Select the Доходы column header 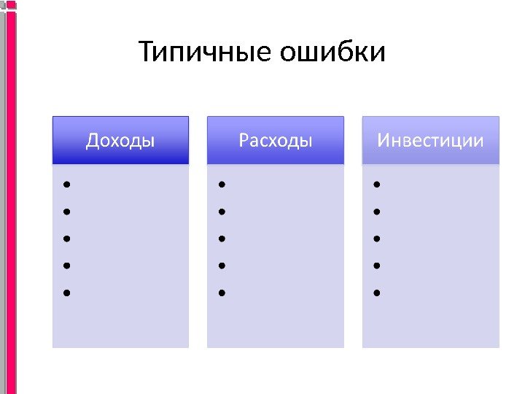pyautogui.click(x=120, y=140)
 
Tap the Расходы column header pyautogui.click(x=276, y=140)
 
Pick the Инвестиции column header pyautogui.click(x=430, y=140)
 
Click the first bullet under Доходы pyautogui.click(x=66, y=185)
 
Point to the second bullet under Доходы pyautogui.click(x=66, y=212)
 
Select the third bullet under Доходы pyautogui.click(x=66, y=239)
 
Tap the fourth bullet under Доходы pyautogui.click(x=66, y=266)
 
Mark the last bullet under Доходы pyautogui.click(x=66, y=293)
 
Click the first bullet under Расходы pyautogui.click(x=222, y=185)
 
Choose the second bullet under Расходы pyautogui.click(x=222, y=212)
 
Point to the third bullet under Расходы pyautogui.click(x=222, y=239)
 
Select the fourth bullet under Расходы pyautogui.click(x=222, y=266)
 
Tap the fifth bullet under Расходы pyautogui.click(x=222, y=293)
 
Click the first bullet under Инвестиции pyautogui.click(x=376, y=185)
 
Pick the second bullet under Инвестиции pyautogui.click(x=376, y=212)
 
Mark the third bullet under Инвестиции pyautogui.click(x=376, y=239)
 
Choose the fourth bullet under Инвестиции pyautogui.click(x=376, y=266)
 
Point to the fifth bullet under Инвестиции pyautogui.click(x=376, y=293)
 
